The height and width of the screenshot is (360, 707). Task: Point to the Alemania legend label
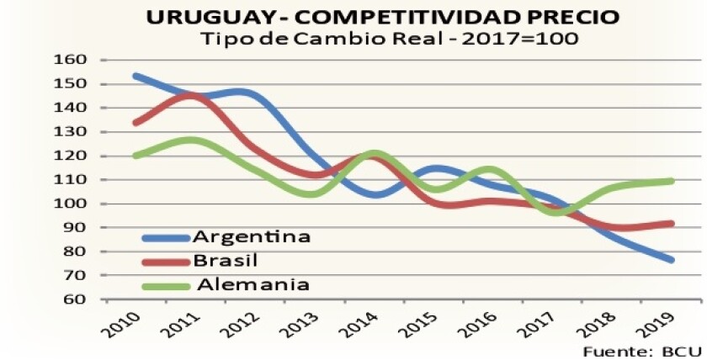pos(253,284)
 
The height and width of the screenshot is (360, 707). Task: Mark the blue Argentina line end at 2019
pos(672,260)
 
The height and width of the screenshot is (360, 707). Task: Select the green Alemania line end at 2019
pos(672,181)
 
